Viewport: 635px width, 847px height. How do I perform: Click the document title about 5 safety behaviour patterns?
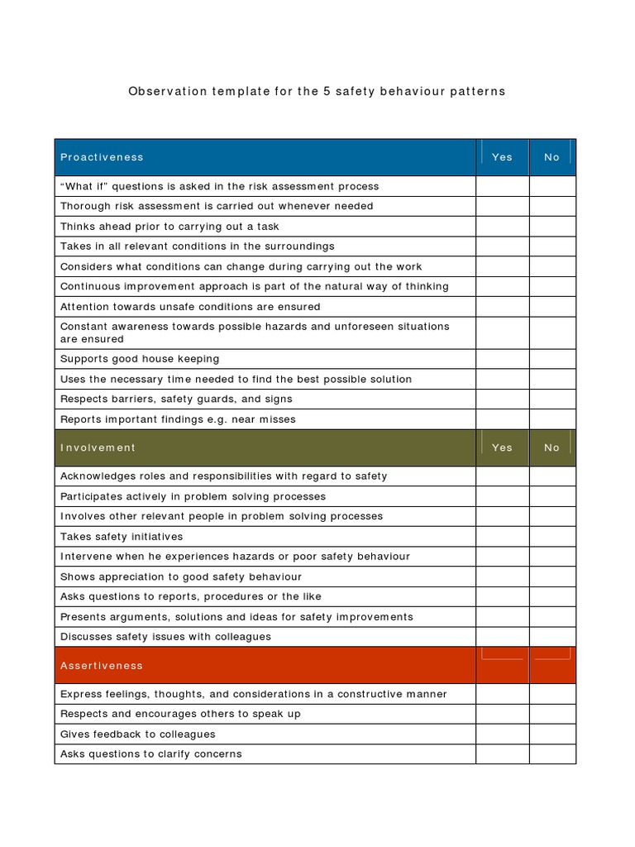click(317, 91)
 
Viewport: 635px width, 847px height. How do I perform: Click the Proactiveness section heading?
click(102, 157)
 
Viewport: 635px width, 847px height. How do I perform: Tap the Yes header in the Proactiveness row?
click(502, 157)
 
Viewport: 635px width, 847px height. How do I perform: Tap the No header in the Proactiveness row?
click(551, 157)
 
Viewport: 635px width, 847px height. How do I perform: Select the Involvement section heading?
click(98, 447)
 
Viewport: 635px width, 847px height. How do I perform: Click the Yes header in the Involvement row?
click(502, 447)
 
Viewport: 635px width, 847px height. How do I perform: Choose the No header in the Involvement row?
click(551, 447)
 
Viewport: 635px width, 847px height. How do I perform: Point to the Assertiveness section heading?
click(101, 666)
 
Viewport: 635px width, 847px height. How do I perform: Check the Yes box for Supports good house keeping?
click(502, 359)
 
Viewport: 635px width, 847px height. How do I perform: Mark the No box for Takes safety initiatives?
click(551, 537)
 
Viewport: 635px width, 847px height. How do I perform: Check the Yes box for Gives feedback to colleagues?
click(502, 735)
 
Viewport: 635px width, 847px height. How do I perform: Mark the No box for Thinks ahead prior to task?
click(551, 227)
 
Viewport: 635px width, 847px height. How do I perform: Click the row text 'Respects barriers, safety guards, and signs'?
click(176, 399)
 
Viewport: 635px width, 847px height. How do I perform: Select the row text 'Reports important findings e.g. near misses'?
click(178, 419)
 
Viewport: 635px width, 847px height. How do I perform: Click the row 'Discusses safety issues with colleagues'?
click(165, 637)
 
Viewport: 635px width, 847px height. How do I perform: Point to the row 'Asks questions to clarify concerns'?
click(150, 754)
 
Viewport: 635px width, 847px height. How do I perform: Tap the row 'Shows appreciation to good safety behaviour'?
click(181, 577)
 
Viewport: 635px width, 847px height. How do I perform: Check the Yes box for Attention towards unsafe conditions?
click(502, 307)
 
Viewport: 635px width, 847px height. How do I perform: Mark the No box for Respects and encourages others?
click(551, 714)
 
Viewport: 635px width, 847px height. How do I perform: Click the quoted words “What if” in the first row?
click(84, 186)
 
